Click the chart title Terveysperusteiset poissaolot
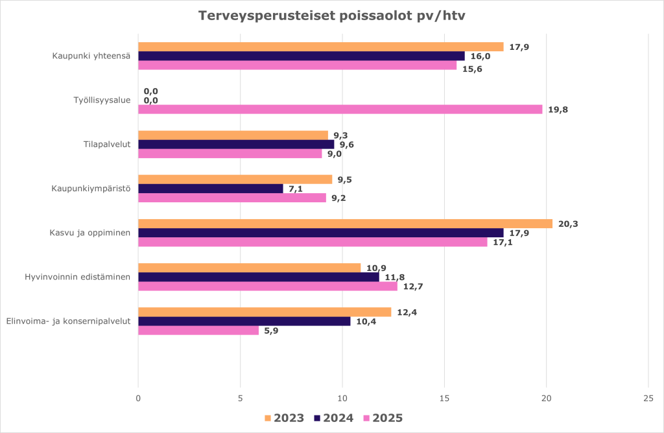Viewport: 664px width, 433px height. pyautogui.click(x=331, y=16)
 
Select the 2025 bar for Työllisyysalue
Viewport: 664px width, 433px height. pyautogui.click(x=340, y=110)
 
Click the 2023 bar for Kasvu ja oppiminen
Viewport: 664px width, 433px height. pyautogui.click(x=345, y=224)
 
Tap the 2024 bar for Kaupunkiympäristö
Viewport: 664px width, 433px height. pyautogui.click(x=211, y=189)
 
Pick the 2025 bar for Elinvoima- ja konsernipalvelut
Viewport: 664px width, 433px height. pyautogui.click(x=198, y=330)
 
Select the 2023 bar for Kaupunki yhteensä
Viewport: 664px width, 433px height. pyautogui.click(x=320, y=47)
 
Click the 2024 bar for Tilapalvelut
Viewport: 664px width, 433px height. pyautogui.click(x=236, y=145)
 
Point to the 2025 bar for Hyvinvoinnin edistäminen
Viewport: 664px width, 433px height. pyautogui.click(x=268, y=286)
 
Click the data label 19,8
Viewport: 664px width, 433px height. pyautogui.click(x=558, y=110)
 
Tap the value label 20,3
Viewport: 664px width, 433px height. pyautogui.click(x=568, y=224)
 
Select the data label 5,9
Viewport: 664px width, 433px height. pyautogui.click(x=271, y=330)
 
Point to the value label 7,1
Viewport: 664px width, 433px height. pyautogui.click(x=296, y=189)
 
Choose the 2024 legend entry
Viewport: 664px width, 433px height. pyautogui.click(x=333, y=418)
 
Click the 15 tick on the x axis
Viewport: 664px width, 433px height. pyautogui.click(x=444, y=398)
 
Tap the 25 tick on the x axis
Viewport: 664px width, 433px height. pyautogui.click(x=648, y=398)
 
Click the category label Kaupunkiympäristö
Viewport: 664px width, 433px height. pyautogui.click(x=91, y=189)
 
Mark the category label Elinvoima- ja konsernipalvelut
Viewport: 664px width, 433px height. pyautogui.click(x=68, y=321)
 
